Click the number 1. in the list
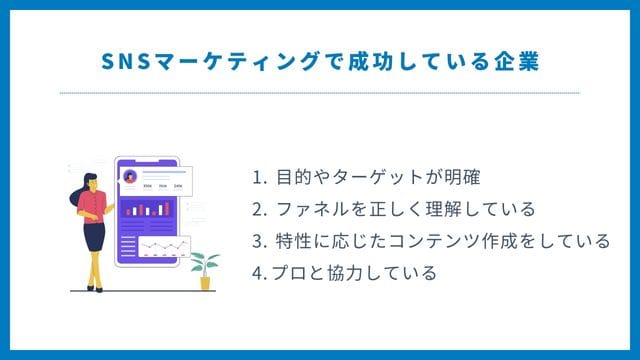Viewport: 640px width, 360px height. pos(260,179)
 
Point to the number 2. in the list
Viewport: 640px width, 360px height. pos(260,210)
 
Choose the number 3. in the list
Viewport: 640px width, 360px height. pos(260,241)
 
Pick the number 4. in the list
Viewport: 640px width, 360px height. pos(259,272)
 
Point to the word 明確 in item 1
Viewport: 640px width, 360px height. pos(463,179)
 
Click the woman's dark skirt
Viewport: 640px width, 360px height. pos(94,236)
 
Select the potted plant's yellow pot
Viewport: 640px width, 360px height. pos(205,282)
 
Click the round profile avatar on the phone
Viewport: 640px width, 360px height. pos(129,176)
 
